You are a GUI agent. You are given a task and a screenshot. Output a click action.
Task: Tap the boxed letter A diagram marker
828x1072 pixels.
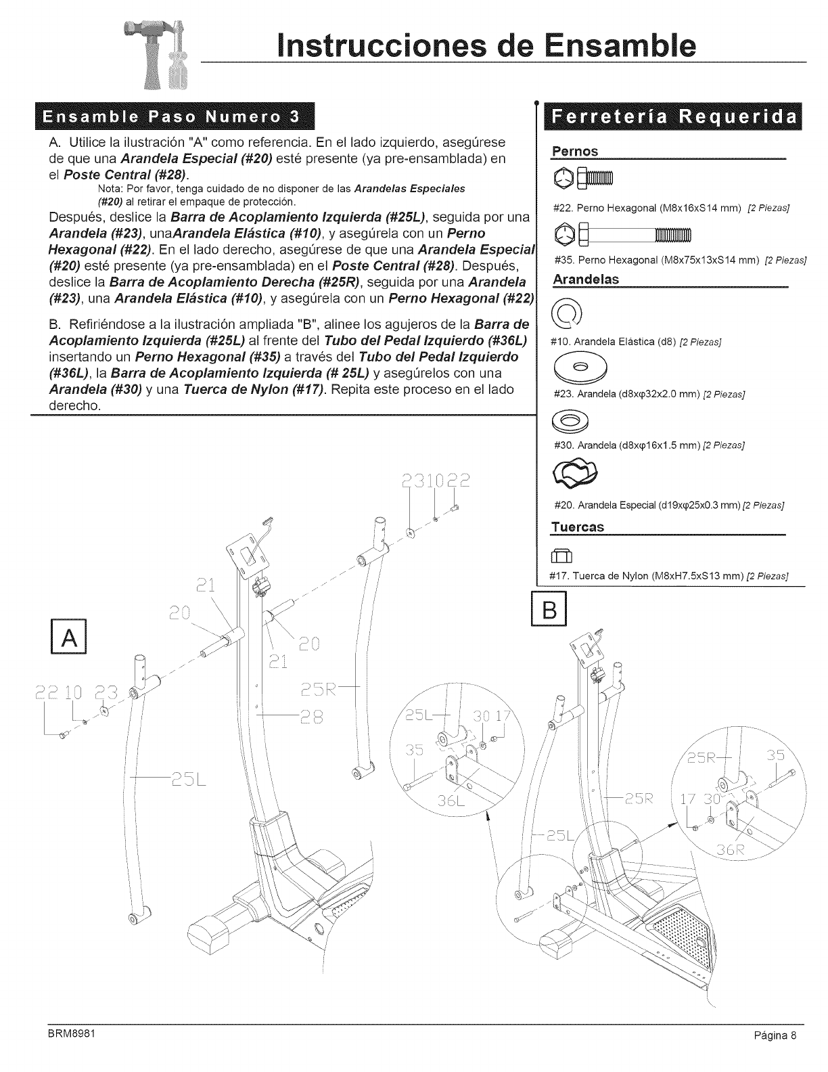[x=70, y=638]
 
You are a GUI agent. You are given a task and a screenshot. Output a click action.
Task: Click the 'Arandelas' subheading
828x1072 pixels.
[x=586, y=279]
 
